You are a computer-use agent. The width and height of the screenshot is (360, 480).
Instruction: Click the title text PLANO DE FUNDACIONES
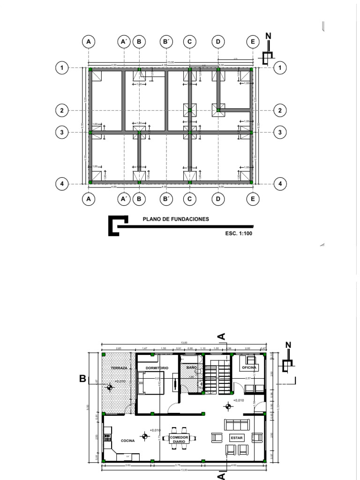[x=176, y=219]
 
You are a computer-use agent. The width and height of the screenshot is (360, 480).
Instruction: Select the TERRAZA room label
[x=119, y=368]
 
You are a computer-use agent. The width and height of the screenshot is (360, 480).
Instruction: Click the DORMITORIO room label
[x=157, y=368]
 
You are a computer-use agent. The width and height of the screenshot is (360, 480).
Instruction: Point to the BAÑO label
[x=192, y=367]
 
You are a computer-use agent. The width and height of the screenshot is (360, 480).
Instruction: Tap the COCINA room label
[x=127, y=441]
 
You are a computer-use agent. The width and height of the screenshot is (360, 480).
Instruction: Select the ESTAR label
[x=234, y=438]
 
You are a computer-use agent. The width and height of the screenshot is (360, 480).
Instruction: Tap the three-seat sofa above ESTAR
[x=237, y=424]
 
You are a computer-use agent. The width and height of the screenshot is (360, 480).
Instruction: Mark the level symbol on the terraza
[x=110, y=387]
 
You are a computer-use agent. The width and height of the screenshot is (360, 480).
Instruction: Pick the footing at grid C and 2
[x=190, y=111]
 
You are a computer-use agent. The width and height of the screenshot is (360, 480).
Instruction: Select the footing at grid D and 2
[x=218, y=111]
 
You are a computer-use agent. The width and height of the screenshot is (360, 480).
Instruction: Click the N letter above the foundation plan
[x=268, y=36]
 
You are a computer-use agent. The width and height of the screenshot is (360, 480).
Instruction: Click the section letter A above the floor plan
[x=222, y=336]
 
